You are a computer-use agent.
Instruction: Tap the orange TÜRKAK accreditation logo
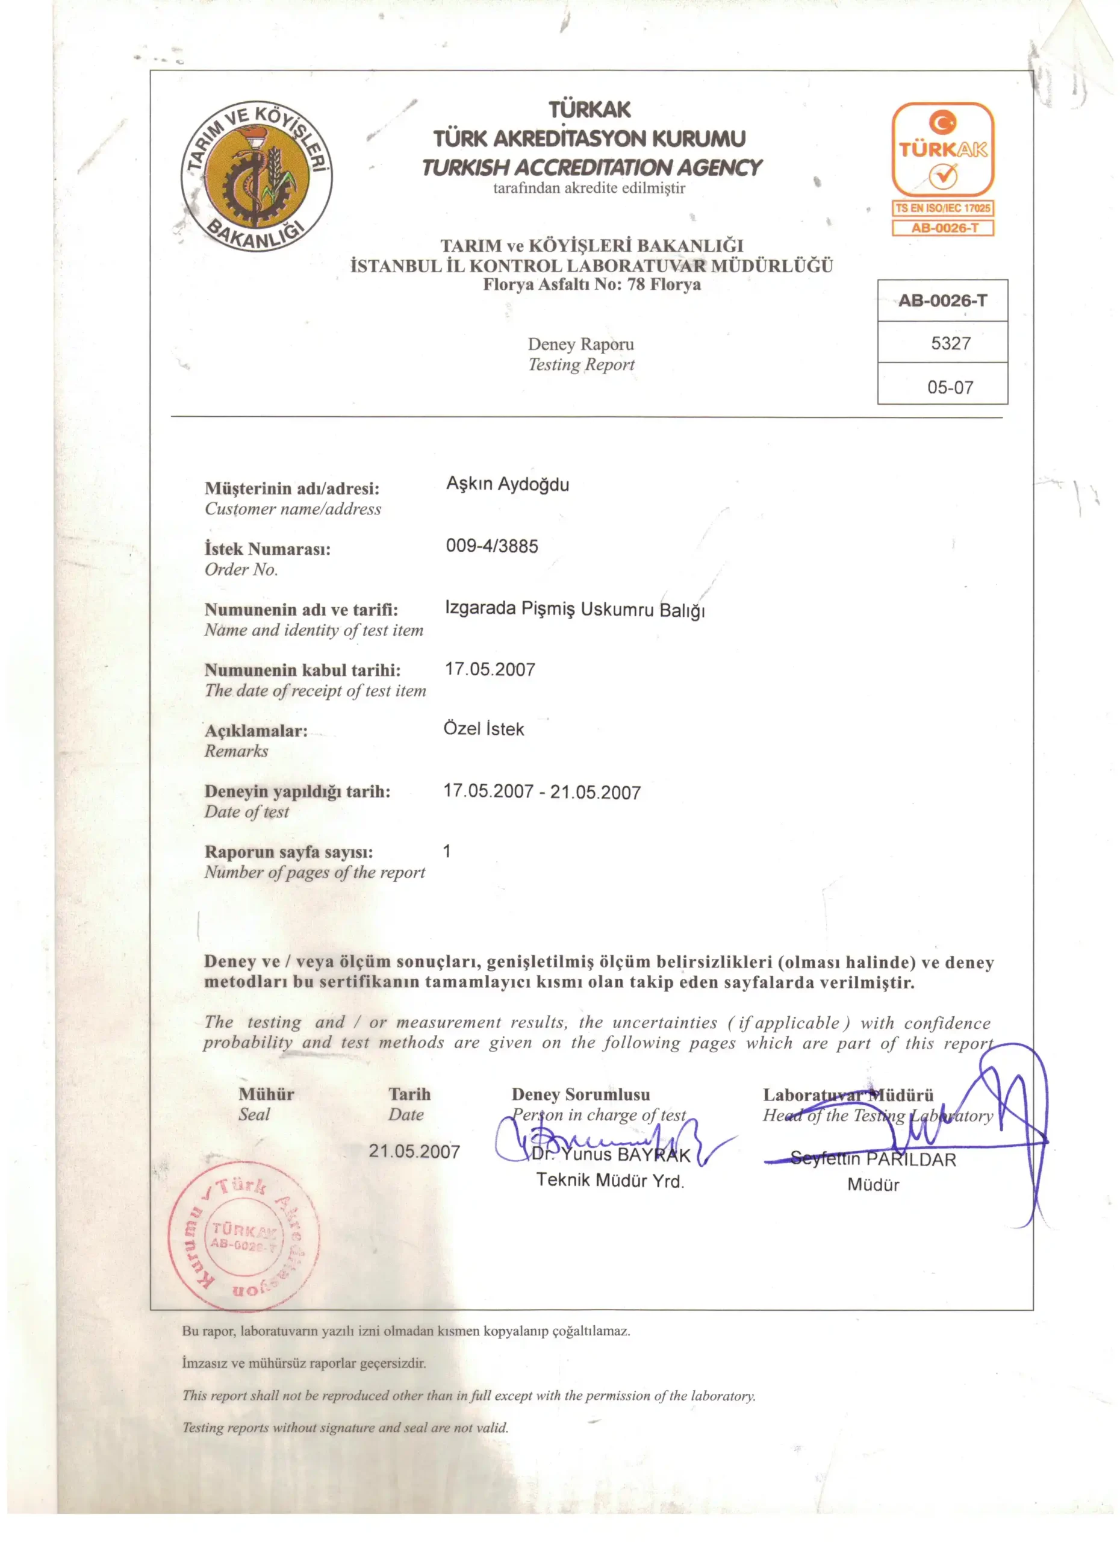(x=942, y=149)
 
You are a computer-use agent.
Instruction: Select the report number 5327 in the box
(x=950, y=343)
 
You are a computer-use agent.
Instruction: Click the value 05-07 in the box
(x=950, y=387)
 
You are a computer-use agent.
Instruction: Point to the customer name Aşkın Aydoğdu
(x=507, y=484)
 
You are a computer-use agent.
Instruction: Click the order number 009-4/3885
(x=491, y=546)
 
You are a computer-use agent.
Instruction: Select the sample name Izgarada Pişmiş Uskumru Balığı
(x=574, y=608)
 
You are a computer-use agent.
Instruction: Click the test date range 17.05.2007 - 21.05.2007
(x=542, y=791)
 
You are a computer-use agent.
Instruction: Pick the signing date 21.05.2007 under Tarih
(x=414, y=1151)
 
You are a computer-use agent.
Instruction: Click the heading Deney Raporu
(x=580, y=344)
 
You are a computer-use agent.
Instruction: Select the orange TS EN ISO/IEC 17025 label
(x=942, y=208)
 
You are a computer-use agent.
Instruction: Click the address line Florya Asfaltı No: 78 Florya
(x=591, y=284)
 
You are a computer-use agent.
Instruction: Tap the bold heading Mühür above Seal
(x=266, y=1094)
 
